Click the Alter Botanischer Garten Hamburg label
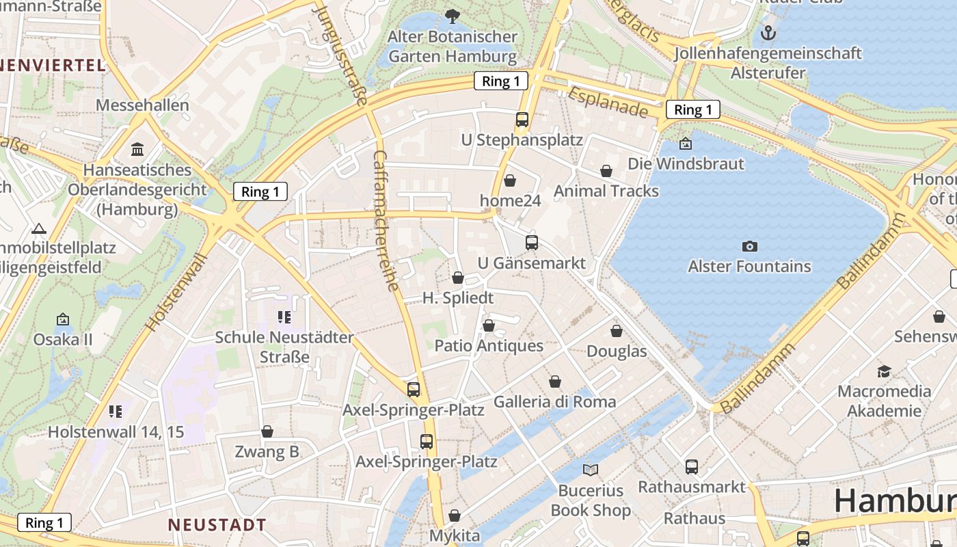point(452,46)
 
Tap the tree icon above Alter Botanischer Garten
point(452,16)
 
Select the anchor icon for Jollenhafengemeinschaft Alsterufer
point(768,32)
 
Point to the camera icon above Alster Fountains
point(749,246)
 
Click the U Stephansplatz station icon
point(522,120)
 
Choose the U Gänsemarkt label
point(531,263)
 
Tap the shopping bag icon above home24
point(509,181)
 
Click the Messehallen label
point(142,105)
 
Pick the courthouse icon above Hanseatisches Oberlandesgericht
point(137,149)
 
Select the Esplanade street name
point(607,101)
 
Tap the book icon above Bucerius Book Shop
point(590,470)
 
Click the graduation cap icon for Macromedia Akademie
point(884,371)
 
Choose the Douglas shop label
point(617,351)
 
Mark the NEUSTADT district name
point(217,525)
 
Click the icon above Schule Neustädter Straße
point(284,317)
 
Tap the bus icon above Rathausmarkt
point(692,467)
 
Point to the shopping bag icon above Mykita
point(455,516)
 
